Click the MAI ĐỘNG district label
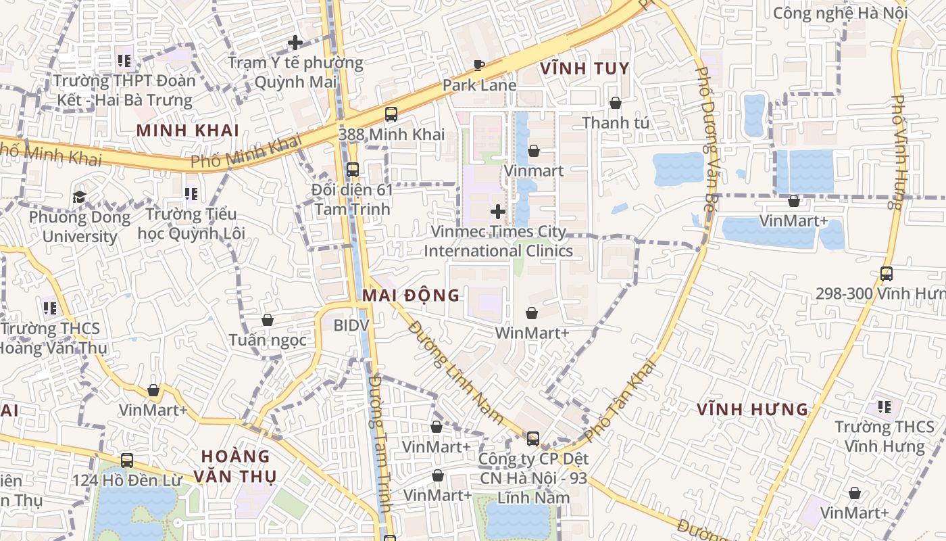pos(411,296)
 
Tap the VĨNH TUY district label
pos(585,68)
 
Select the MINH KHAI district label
pos(188,130)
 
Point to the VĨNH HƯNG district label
pos(753,409)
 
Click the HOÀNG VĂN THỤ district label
pos(235,466)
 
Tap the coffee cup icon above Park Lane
pos(479,66)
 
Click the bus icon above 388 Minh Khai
pos(391,114)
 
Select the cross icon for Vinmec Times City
pos(498,212)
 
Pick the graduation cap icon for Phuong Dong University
pos(80,197)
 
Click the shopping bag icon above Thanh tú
pos(616,103)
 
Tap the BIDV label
pos(351,325)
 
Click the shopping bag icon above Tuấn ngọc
pos(268,320)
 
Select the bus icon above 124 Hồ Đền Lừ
pos(126,461)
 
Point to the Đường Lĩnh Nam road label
pos(456,373)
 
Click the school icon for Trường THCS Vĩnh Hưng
pos(884,406)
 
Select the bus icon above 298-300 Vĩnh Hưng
pos(887,274)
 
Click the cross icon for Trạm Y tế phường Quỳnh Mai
pos(295,43)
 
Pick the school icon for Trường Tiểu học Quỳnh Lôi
pos(191,195)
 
